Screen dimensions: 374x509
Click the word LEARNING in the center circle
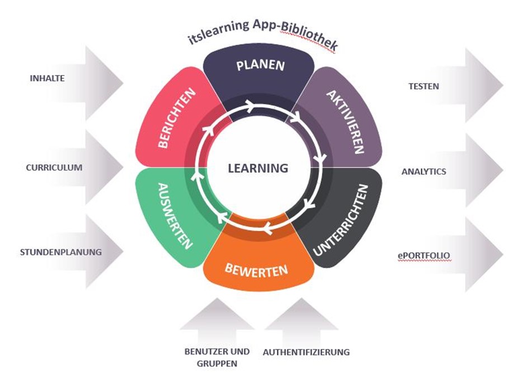(x=258, y=168)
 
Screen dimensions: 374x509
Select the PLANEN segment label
(x=260, y=65)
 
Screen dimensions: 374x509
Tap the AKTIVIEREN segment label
(x=345, y=122)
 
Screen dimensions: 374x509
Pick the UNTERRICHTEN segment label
(x=341, y=220)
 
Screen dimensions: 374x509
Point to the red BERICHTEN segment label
(x=175, y=118)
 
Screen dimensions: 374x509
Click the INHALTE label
(x=47, y=78)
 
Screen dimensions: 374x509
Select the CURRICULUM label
(x=54, y=167)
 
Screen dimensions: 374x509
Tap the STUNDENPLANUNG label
(x=61, y=252)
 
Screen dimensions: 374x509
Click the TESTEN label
(x=423, y=86)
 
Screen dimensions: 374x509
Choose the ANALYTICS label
(x=424, y=172)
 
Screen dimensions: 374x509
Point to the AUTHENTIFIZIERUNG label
(x=306, y=352)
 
